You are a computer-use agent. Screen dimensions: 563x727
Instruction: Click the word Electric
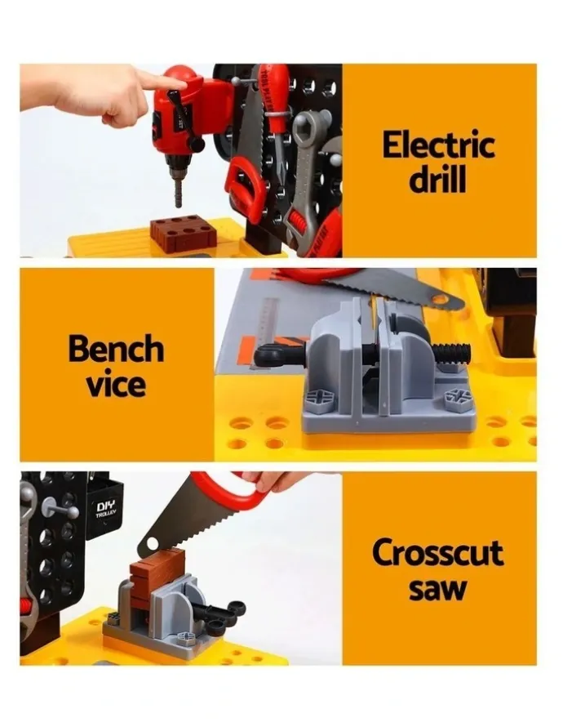(x=438, y=145)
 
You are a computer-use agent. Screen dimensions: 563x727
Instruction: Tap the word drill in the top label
(x=437, y=180)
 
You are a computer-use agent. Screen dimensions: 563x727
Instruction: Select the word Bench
(x=116, y=348)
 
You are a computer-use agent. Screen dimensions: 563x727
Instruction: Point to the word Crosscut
(x=437, y=552)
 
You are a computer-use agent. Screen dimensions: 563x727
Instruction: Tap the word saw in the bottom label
(x=437, y=588)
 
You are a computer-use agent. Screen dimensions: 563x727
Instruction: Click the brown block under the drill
(x=184, y=234)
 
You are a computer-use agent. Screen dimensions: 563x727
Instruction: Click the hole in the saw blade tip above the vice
(x=441, y=299)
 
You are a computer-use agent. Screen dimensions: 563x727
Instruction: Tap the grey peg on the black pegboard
(x=60, y=510)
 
